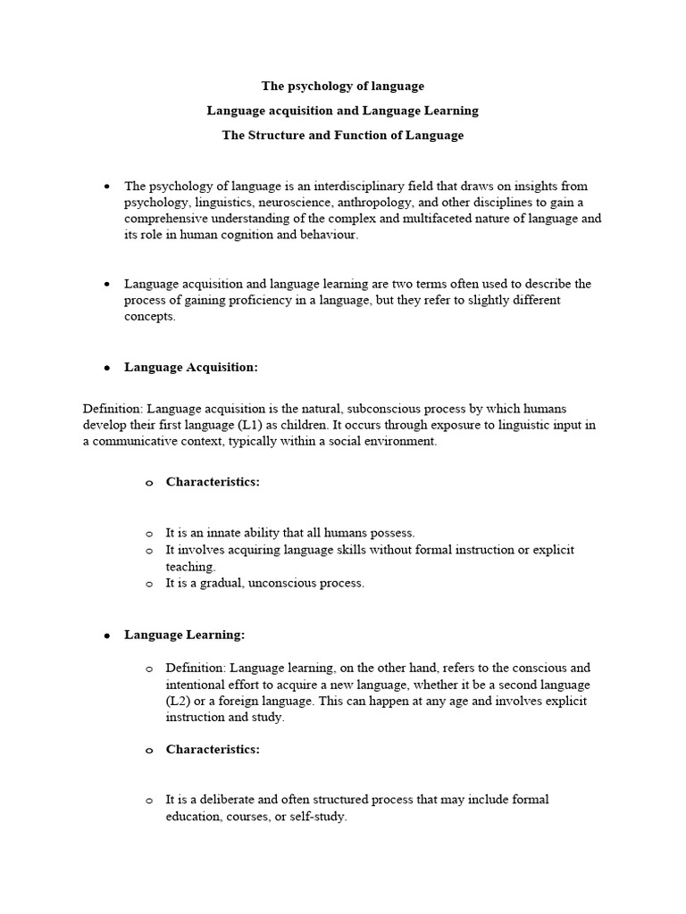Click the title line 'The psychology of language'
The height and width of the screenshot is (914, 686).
pos(342,87)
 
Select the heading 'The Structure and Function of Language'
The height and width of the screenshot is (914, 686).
pos(342,136)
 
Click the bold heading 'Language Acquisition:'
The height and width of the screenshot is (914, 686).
pos(191,367)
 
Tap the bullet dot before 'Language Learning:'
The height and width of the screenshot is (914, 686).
pos(106,636)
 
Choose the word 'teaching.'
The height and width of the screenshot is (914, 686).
pos(190,566)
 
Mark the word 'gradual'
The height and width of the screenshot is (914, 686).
pos(220,583)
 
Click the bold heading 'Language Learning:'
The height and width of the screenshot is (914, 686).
pos(184,635)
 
